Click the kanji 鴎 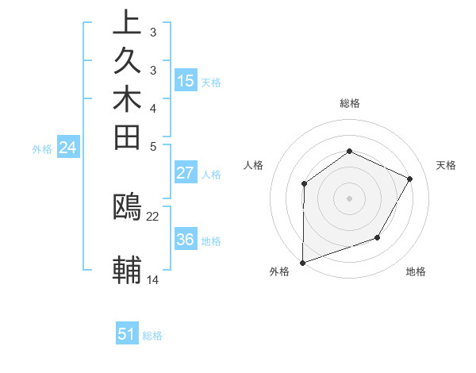pyautogui.click(x=127, y=207)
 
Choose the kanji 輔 pyautogui.click(x=127, y=269)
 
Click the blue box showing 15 pyautogui.click(x=186, y=81)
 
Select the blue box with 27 pyautogui.click(x=186, y=174)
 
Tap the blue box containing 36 pyautogui.click(x=186, y=240)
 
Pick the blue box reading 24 pyautogui.click(x=68, y=148)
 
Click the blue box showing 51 pyautogui.click(x=127, y=335)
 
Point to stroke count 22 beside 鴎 pyautogui.click(x=153, y=216)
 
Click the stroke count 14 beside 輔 pyautogui.click(x=153, y=279)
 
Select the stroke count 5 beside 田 pyautogui.click(x=153, y=146)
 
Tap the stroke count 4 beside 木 pyautogui.click(x=153, y=108)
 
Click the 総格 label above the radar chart pyautogui.click(x=350, y=103)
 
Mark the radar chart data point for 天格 pyautogui.click(x=410, y=179)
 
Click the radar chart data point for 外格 pyautogui.click(x=302, y=263)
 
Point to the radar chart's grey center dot pyautogui.click(x=349, y=198)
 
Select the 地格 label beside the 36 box pyautogui.click(x=211, y=241)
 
